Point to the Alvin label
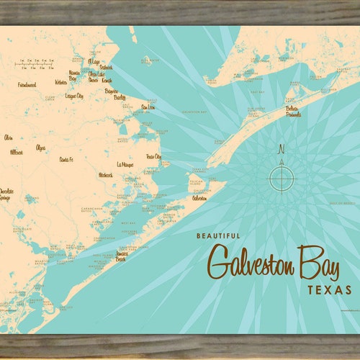(9, 137)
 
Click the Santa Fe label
(67, 158)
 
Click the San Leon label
(148, 107)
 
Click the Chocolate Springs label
(6, 194)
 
